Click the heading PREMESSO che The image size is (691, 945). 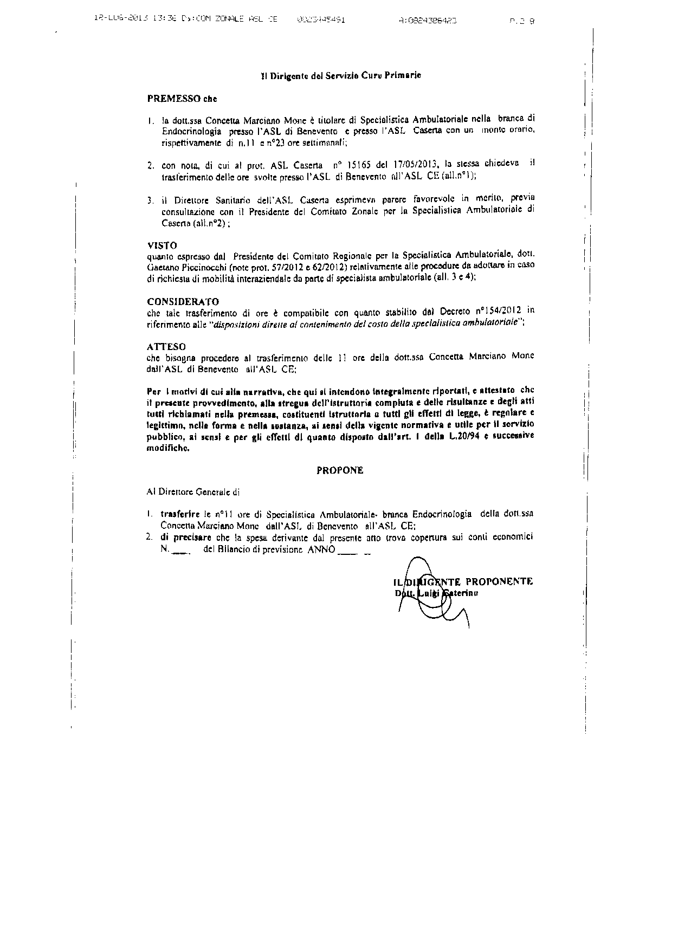pos(182,99)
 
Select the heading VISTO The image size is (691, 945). pos(162,245)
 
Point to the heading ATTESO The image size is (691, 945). pos(166,346)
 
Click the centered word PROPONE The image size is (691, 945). pos(340,470)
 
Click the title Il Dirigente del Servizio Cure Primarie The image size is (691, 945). pos(341,76)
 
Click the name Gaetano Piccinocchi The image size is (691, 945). pos(180,267)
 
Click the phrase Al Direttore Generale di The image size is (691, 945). pos(193,493)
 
